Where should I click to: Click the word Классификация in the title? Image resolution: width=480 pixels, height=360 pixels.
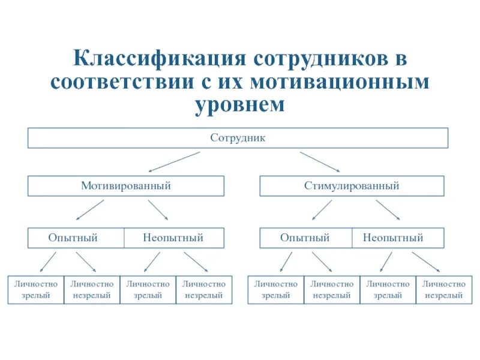point(158,59)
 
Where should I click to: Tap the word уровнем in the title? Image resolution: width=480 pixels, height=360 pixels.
point(238,104)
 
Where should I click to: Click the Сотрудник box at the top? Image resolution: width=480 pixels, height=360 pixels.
point(238,138)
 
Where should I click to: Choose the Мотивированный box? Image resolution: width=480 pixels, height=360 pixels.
point(126,186)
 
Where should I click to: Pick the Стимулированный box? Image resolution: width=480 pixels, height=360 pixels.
point(352,186)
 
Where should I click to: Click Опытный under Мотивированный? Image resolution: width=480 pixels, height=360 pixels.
point(73,238)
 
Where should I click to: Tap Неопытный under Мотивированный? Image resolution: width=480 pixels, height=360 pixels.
point(173,238)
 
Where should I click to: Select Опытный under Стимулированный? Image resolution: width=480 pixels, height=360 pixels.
point(305,238)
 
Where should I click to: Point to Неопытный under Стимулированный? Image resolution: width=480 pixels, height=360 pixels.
point(393,238)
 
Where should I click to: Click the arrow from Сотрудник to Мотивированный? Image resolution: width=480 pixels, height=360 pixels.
point(174,162)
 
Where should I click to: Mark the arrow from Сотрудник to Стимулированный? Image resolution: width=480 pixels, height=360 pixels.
point(320,162)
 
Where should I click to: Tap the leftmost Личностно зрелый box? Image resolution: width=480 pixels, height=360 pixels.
point(35,290)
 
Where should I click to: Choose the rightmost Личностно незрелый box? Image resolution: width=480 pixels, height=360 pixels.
point(443,290)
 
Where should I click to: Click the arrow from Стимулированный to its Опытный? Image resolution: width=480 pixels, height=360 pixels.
point(322,211)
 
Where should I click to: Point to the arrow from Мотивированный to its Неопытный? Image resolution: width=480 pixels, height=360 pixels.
point(158,211)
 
